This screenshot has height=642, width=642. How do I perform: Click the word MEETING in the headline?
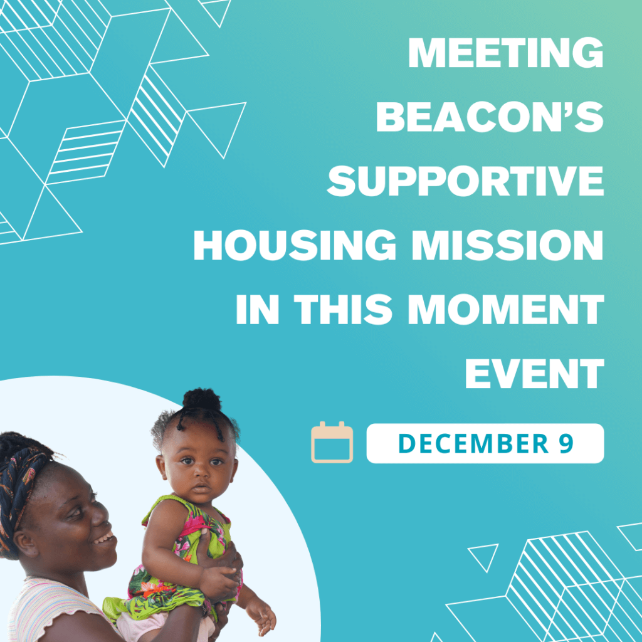506,53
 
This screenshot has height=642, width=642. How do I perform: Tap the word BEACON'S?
490,117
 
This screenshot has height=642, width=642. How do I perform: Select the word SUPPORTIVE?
466,181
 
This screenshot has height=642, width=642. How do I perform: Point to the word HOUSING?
295,245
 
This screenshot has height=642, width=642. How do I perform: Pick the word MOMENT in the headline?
506,309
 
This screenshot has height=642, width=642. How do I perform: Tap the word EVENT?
535,373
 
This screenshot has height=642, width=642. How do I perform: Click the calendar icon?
332,443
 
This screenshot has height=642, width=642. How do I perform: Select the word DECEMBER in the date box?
473,443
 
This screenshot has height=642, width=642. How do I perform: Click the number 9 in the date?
566,443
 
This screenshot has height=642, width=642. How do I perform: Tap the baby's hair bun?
201,399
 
